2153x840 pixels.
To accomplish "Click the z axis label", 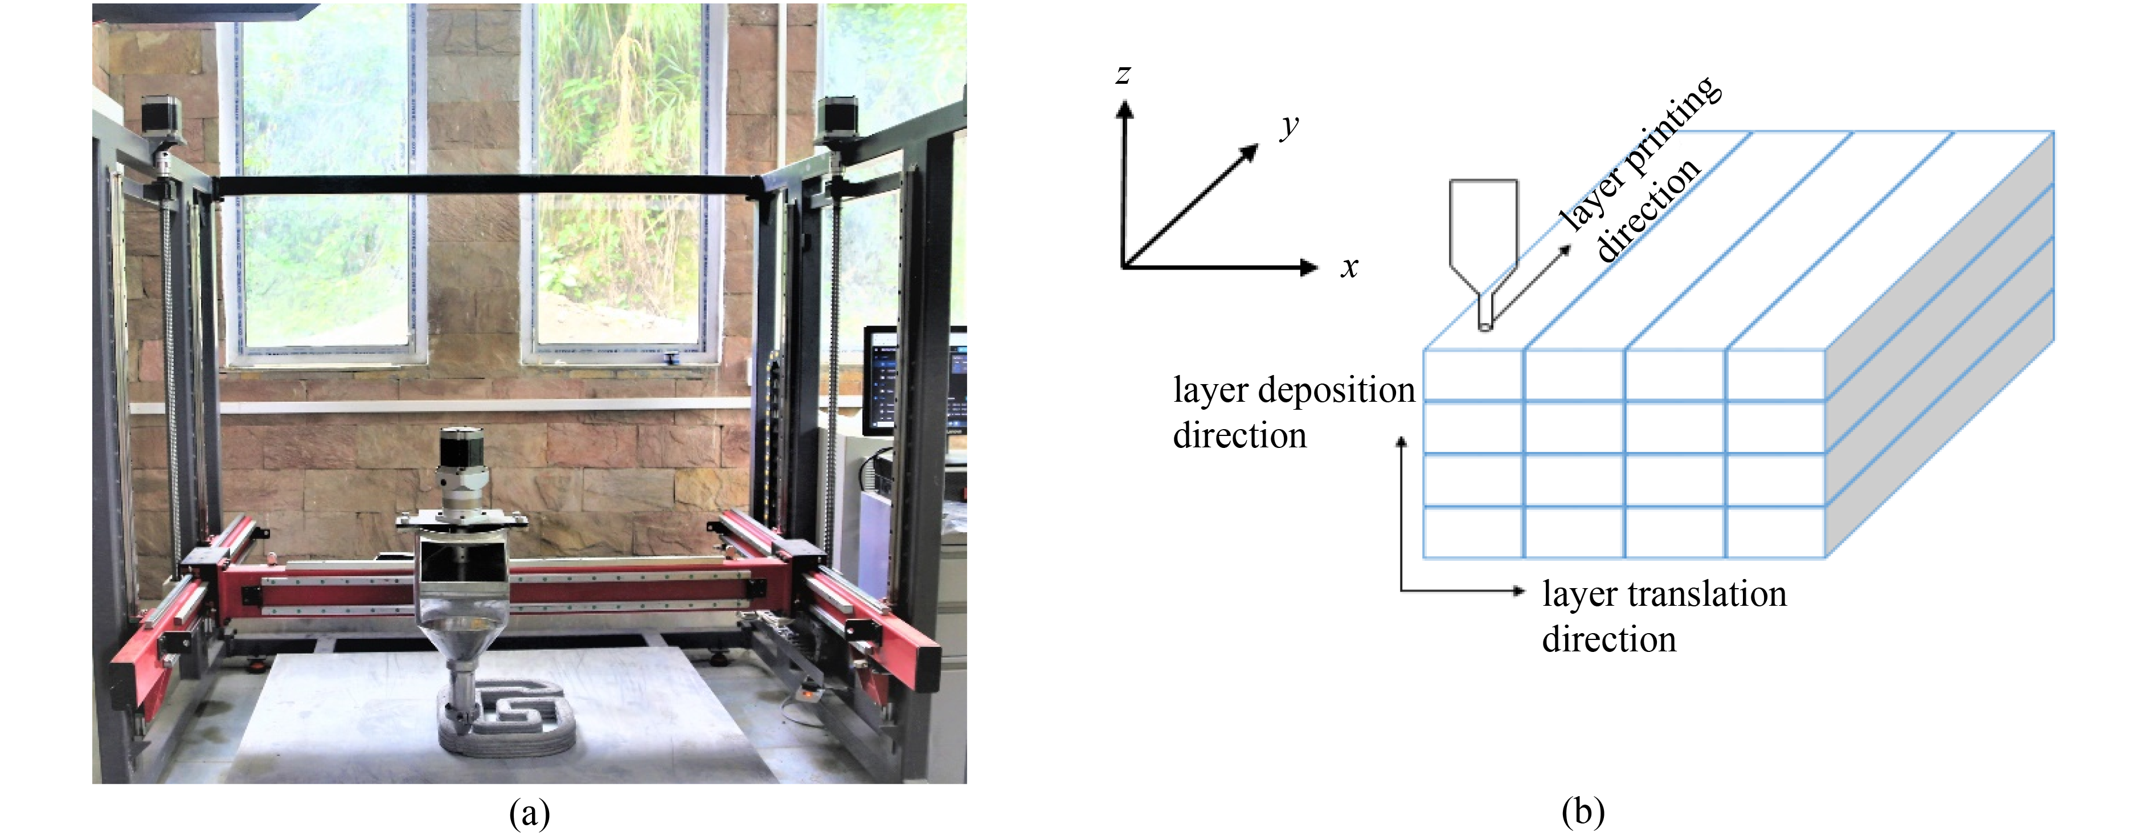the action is pyautogui.click(x=1123, y=75).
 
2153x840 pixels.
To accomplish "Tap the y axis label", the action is pyautogui.click(x=1290, y=125).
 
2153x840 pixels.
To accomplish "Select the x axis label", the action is pyautogui.click(x=1349, y=267).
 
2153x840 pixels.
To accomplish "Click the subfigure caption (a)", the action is pyautogui.click(x=529, y=812).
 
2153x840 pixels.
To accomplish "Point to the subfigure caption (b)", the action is pyautogui.click(x=1583, y=812).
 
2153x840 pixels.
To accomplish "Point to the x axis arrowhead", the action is pyautogui.click(x=1309, y=267).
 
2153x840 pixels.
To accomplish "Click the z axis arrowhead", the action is pyautogui.click(x=1125, y=109).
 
